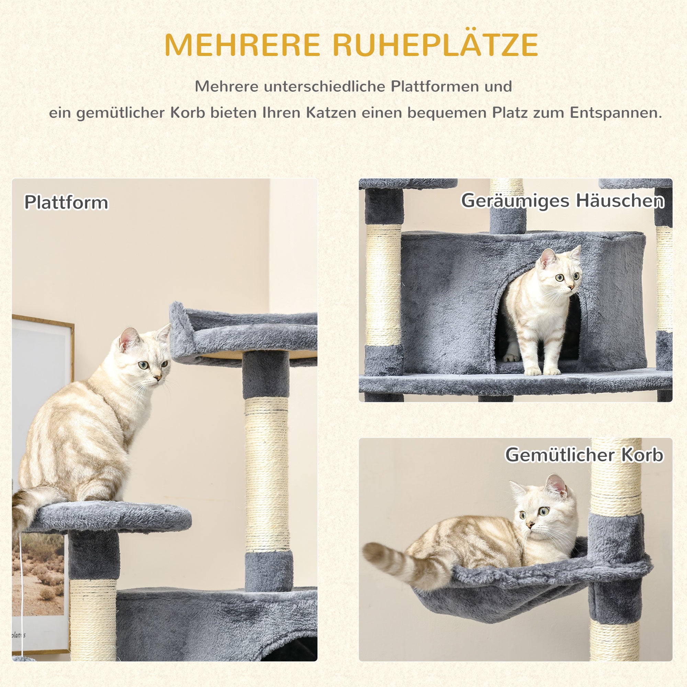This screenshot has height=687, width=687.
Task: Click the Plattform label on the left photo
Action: coord(66,202)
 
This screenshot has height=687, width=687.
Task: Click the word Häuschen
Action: coord(620,200)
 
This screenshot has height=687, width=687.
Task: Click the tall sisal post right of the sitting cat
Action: coord(267,473)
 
